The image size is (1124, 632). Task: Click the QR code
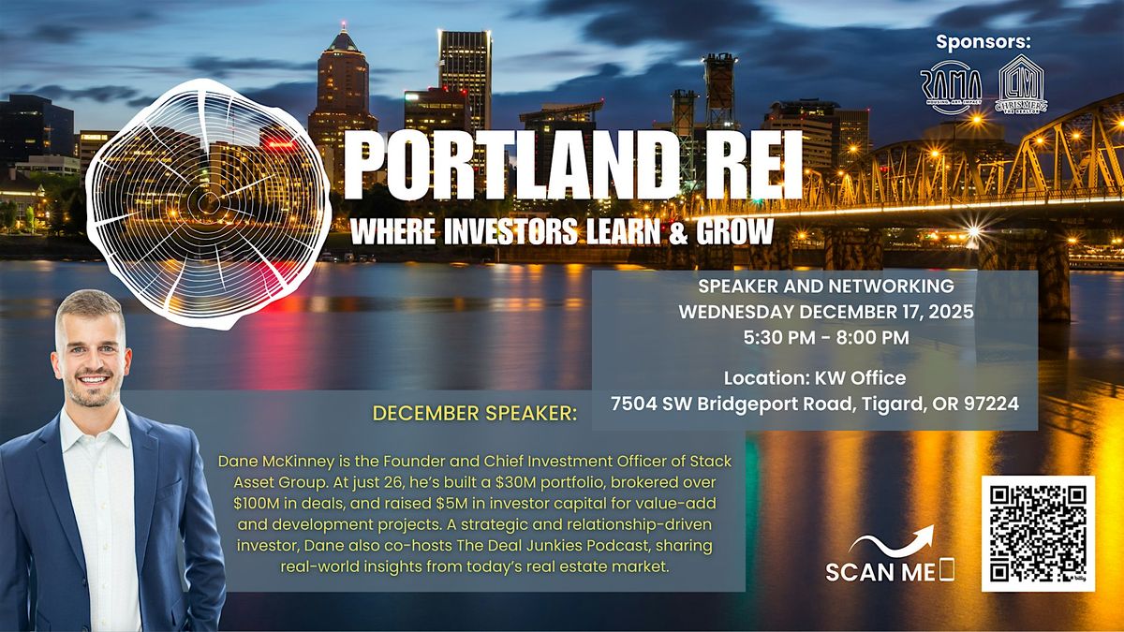pos(1037,534)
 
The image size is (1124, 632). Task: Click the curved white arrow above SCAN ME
pos(891,540)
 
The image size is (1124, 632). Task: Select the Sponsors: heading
pos(983,42)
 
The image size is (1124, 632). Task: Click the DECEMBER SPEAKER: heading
pos(475,413)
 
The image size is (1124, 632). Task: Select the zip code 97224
pos(989,405)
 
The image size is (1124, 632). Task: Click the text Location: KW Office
pos(814,379)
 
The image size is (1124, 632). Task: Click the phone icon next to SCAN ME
pos(946,569)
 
